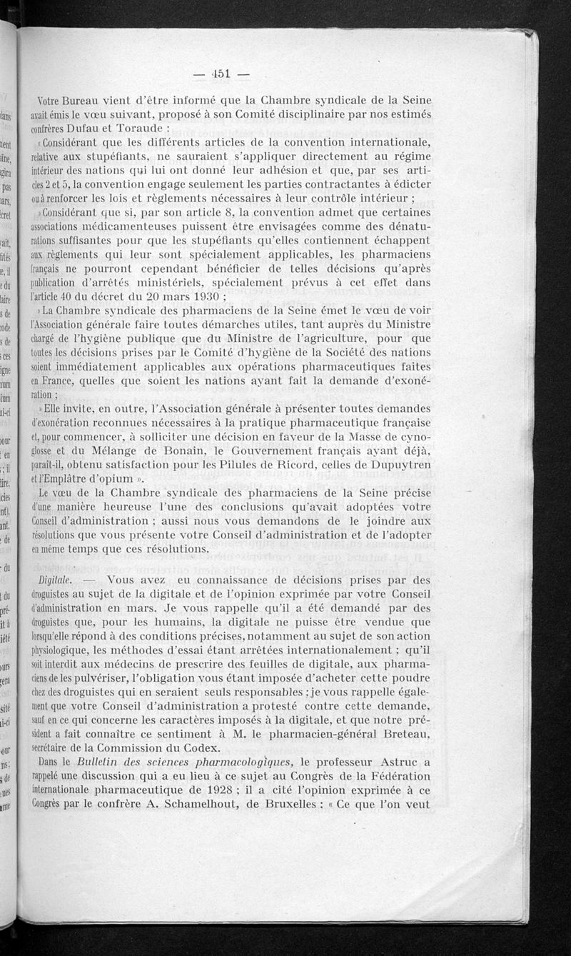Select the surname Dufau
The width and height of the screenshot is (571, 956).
[89, 129]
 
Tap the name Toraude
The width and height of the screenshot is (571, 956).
[142, 129]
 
